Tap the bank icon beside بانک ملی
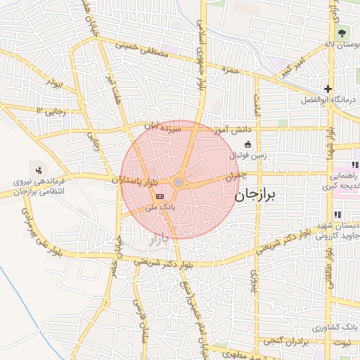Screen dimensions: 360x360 click(x=160, y=195)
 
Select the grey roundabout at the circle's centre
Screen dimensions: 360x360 click(x=179, y=182)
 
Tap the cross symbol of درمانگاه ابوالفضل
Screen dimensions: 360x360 click(x=328, y=89)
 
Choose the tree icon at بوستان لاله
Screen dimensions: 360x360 click(x=342, y=33)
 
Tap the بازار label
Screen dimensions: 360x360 click(x=159, y=240)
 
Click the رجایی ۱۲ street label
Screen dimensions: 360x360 click(x=51, y=110)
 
